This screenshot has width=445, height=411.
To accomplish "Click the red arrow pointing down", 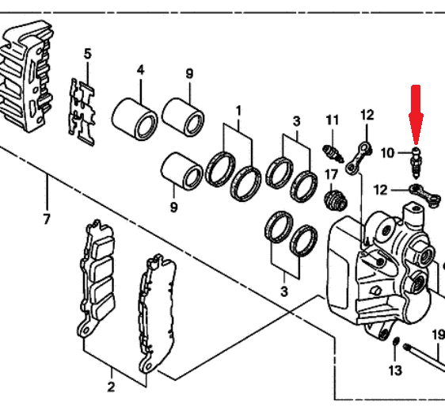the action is coord(416,115).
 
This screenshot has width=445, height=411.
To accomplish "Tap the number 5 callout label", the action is coord(88,54).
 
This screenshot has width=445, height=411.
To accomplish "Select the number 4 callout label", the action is coord(140,70).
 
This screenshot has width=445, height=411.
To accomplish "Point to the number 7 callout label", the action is coord(47,219).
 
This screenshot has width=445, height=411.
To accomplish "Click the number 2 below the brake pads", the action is coord(111,387).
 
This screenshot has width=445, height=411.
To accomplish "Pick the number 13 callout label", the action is coord(395,371).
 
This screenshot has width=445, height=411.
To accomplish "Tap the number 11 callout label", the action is coord(333,120).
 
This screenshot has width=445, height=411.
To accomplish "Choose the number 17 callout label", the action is coord(331,175).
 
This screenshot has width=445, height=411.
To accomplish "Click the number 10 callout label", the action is coord(387,153).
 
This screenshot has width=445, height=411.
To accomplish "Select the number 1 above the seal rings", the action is coord(238,111).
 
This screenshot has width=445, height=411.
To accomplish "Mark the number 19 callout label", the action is coord(439,335).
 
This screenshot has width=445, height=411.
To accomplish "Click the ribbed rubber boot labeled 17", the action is coord(336,200).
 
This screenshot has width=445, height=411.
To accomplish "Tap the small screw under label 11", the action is coord(333,154).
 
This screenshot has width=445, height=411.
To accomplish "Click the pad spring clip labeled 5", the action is coord(82,112).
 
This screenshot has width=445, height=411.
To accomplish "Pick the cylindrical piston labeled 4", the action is coord(135,119).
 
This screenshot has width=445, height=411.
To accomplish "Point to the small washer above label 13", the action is coord(396,342).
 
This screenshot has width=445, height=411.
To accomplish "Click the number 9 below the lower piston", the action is coord(173,207).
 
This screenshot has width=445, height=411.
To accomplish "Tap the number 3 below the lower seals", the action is coord(284,291).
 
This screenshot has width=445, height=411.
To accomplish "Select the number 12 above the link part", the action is coord(367,116).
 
